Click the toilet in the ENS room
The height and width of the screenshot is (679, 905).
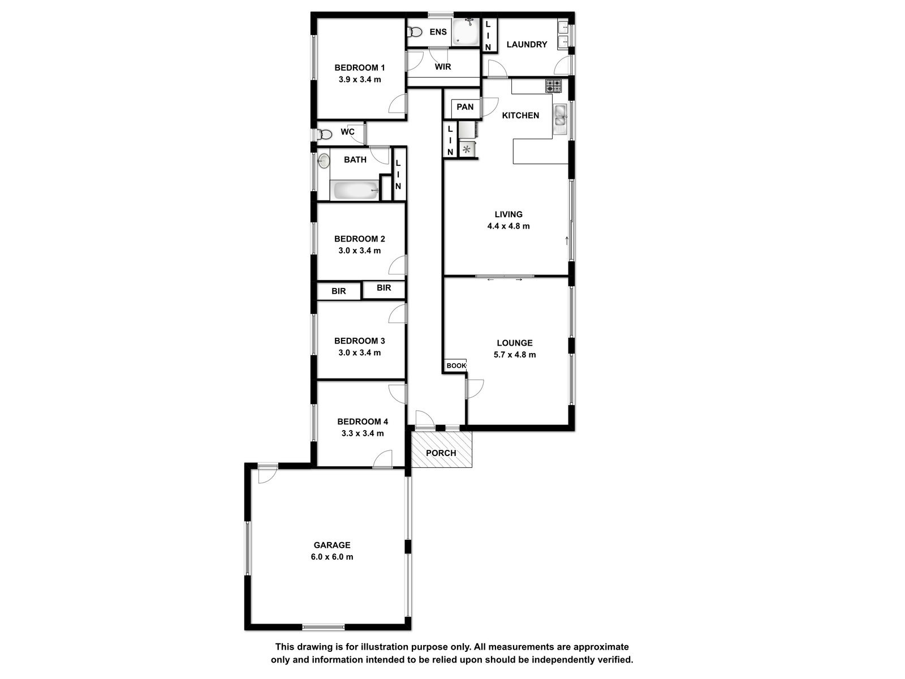pyautogui.click(x=415, y=32)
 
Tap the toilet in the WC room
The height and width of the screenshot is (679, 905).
pyautogui.click(x=325, y=135)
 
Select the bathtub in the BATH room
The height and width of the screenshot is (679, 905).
pyautogui.click(x=356, y=191)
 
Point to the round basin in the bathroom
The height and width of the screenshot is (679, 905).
pyautogui.click(x=324, y=161)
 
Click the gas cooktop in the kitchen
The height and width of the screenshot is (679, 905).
pyautogui.click(x=553, y=86)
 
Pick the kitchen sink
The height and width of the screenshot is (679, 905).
pyautogui.click(x=561, y=115)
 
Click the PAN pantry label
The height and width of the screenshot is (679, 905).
pyautogui.click(x=465, y=107)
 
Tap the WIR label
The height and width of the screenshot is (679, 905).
pyautogui.click(x=443, y=67)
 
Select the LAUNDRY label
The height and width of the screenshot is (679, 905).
pyautogui.click(x=527, y=44)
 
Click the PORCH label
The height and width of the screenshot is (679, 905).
pyautogui.click(x=441, y=453)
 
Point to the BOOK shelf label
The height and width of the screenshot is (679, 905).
pyautogui.click(x=456, y=366)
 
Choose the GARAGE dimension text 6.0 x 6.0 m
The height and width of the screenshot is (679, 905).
pyautogui.click(x=332, y=557)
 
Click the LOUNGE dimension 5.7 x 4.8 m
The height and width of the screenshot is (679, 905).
pyautogui.click(x=515, y=355)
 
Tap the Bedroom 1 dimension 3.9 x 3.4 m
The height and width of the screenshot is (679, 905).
pyautogui.click(x=360, y=79)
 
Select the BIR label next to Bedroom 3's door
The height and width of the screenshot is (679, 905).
pyautogui.click(x=383, y=288)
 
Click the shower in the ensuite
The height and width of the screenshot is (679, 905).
pyautogui.click(x=466, y=32)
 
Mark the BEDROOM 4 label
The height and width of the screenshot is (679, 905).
pyautogui.click(x=363, y=422)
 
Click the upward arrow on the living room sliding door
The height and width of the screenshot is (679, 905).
pyautogui.click(x=567, y=241)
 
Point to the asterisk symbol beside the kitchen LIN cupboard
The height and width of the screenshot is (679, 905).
pyautogui.click(x=466, y=149)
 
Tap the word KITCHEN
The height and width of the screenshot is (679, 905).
pyautogui.click(x=520, y=115)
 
